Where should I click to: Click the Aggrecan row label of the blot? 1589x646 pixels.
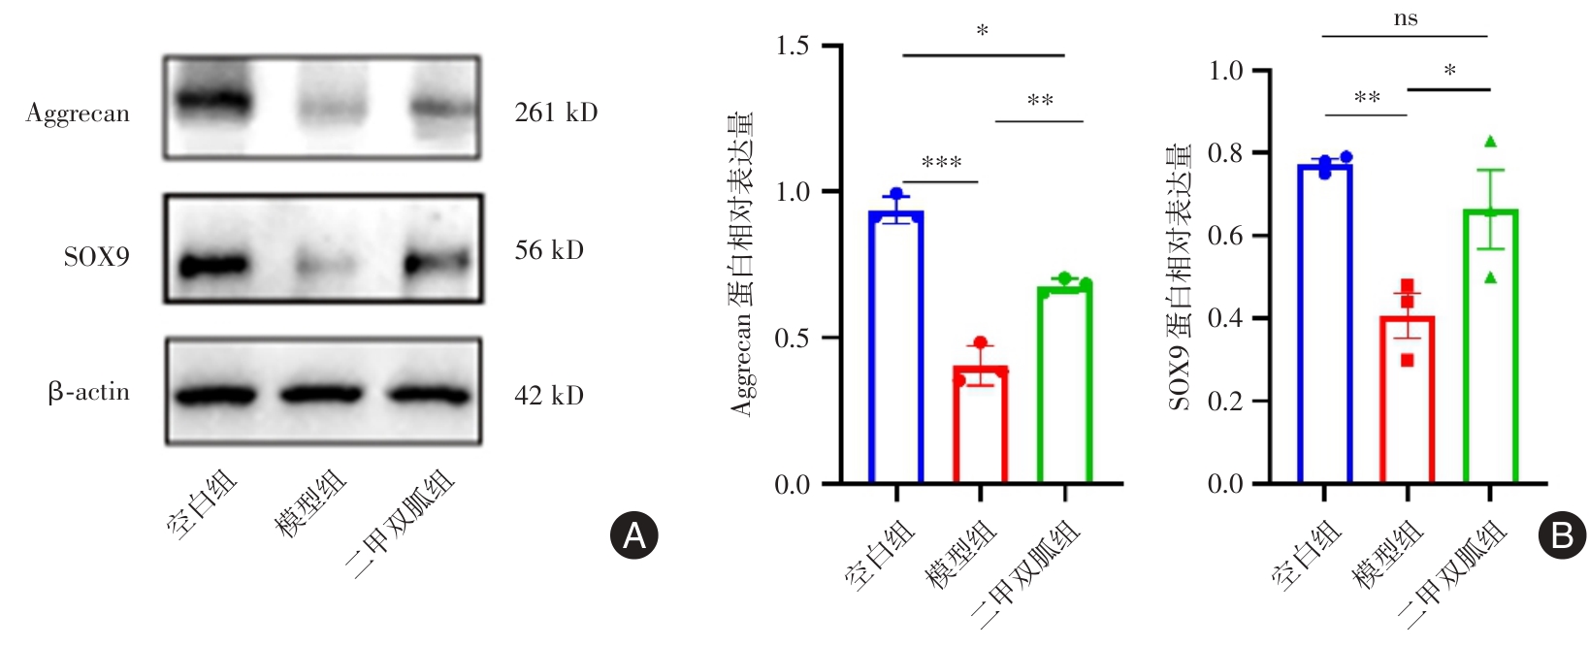click(78, 114)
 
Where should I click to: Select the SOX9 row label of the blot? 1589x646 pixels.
click(96, 257)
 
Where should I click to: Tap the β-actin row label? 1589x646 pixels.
click(88, 393)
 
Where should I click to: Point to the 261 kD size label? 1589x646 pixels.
click(556, 113)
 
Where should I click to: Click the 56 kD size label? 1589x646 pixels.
click(549, 251)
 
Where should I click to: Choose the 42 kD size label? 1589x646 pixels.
click(549, 396)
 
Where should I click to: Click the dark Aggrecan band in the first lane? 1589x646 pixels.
click(212, 101)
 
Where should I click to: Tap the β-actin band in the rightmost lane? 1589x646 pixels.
click(428, 395)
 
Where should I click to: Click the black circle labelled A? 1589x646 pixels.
click(633, 535)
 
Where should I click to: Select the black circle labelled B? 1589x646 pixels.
click(1562, 535)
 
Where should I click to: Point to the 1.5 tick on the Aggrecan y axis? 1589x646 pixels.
click(793, 46)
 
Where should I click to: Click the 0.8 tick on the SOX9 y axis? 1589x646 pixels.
click(1225, 153)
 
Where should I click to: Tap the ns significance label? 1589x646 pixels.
click(1405, 18)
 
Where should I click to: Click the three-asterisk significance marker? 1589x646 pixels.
click(941, 162)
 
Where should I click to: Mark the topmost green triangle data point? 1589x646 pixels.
click(1490, 142)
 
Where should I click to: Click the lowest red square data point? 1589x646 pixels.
click(1408, 360)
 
